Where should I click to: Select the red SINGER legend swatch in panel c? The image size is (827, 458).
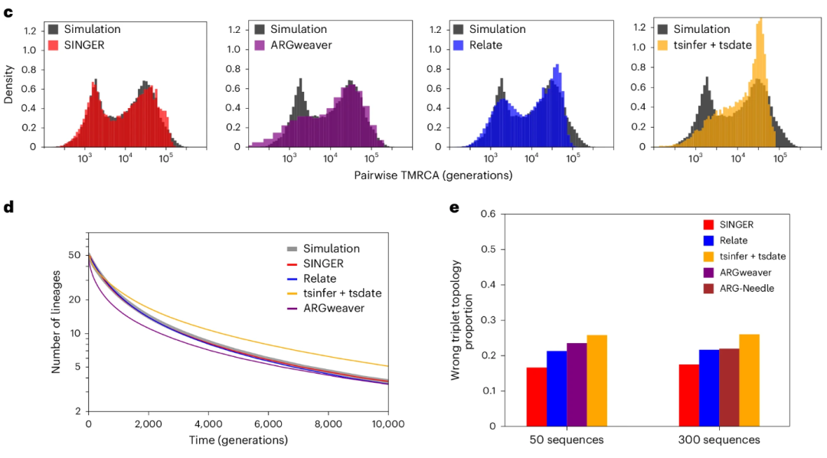click(54, 45)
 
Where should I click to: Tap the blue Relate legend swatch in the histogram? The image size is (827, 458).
click(459, 45)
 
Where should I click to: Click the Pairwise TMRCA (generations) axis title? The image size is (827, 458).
click(433, 175)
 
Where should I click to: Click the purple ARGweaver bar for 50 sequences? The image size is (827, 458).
click(576, 384)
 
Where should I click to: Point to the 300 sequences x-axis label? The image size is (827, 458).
click(719, 440)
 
